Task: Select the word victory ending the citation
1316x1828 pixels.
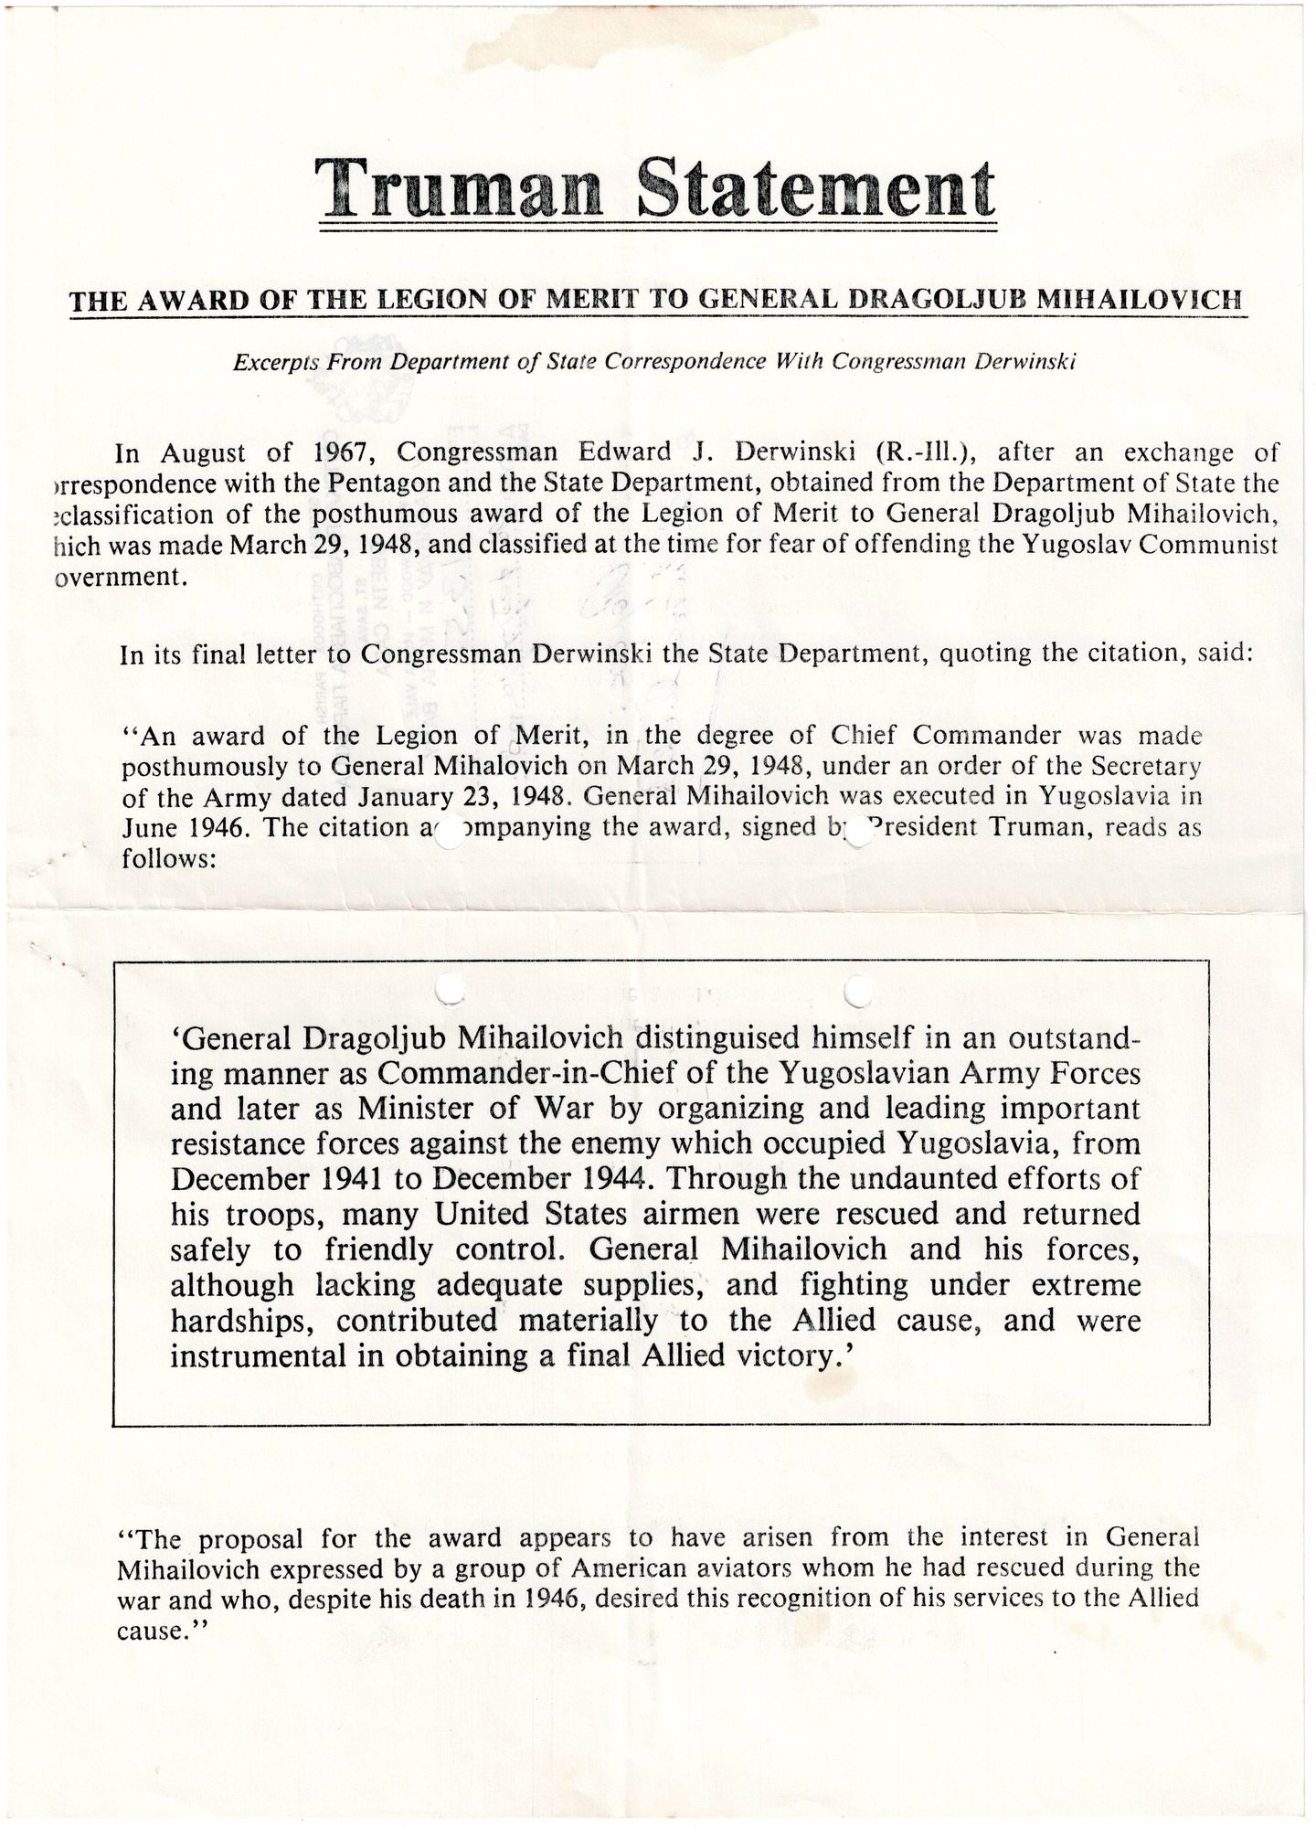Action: coord(787,1355)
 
